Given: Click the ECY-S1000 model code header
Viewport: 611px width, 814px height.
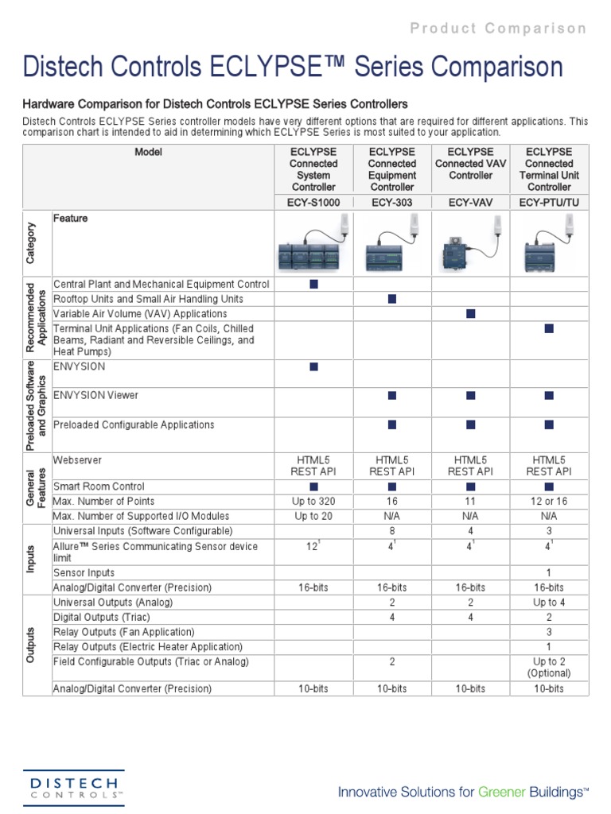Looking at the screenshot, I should pyautogui.click(x=313, y=203).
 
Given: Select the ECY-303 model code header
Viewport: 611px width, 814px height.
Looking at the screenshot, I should pyautogui.click(x=392, y=203).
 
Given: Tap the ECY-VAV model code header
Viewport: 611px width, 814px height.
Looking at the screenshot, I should pyautogui.click(x=470, y=203).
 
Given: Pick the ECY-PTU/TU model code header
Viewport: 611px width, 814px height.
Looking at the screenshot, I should pyautogui.click(x=549, y=203).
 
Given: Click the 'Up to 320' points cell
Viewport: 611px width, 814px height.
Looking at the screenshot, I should pyautogui.click(x=313, y=502).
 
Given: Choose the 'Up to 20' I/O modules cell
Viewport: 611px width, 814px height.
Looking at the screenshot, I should pyautogui.click(x=313, y=517).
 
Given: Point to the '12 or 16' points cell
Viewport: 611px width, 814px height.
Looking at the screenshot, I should pyautogui.click(x=549, y=502).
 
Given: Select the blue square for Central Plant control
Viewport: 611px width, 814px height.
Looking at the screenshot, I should pyautogui.click(x=313, y=284).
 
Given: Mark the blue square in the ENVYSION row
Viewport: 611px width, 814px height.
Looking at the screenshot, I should pyautogui.click(x=313, y=366).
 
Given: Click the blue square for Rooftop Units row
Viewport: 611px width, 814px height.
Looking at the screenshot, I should pyautogui.click(x=392, y=299).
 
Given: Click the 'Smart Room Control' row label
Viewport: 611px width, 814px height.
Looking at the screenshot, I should pyautogui.click(x=99, y=486).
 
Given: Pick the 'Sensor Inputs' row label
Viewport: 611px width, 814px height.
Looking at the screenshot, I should pyautogui.click(x=84, y=573).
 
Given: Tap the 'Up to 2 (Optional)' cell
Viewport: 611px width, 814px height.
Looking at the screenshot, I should pyautogui.click(x=549, y=667).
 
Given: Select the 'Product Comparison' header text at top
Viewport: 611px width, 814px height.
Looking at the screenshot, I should pyautogui.click(x=498, y=29).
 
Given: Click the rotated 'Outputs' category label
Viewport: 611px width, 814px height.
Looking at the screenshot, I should pyautogui.click(x=30, y=645).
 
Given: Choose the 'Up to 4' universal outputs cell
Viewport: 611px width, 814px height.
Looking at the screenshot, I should pyautogui.click(x=549, y=603).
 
